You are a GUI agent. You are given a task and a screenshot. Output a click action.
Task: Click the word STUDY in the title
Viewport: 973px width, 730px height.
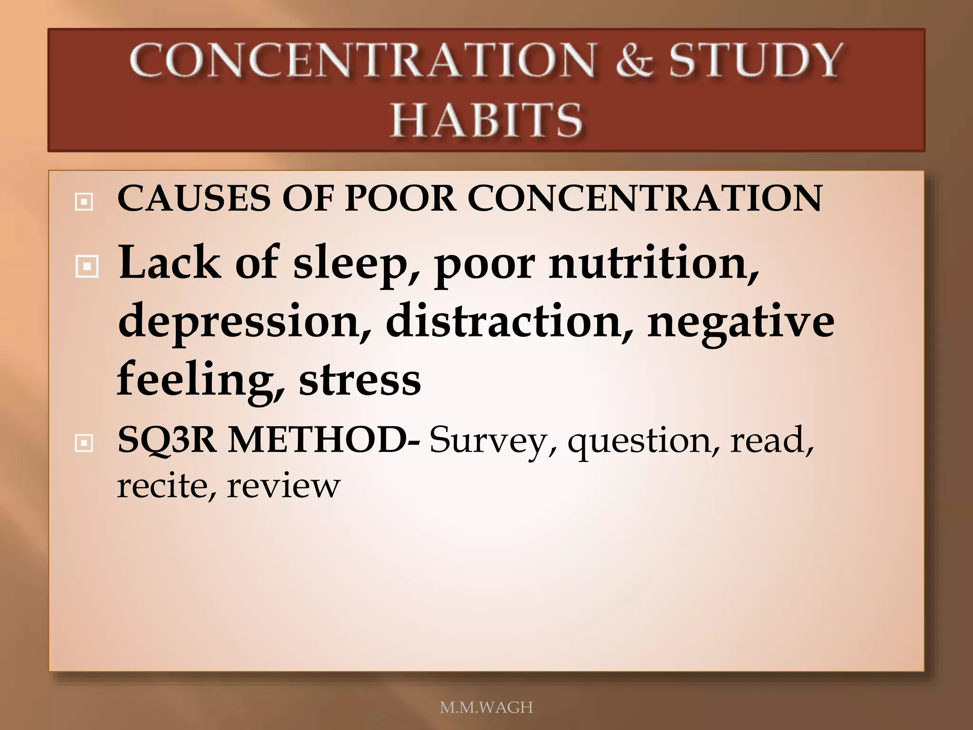[755, 61]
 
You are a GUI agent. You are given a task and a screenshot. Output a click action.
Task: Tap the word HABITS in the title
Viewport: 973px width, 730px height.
[486, 120]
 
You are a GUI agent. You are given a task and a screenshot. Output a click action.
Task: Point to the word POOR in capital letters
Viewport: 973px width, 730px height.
[400, 198]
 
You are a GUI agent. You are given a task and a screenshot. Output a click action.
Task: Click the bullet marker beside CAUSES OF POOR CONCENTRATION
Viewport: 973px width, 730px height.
[84, 202]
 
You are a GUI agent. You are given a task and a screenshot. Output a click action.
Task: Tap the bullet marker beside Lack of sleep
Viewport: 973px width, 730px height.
[87, 267]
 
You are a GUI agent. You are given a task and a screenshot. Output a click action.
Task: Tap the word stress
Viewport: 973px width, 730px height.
[360, 381]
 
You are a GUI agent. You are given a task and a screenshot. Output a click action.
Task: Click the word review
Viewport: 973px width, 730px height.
[283, 486]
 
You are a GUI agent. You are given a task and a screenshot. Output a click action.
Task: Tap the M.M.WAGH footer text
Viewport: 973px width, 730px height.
[486, 707]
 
